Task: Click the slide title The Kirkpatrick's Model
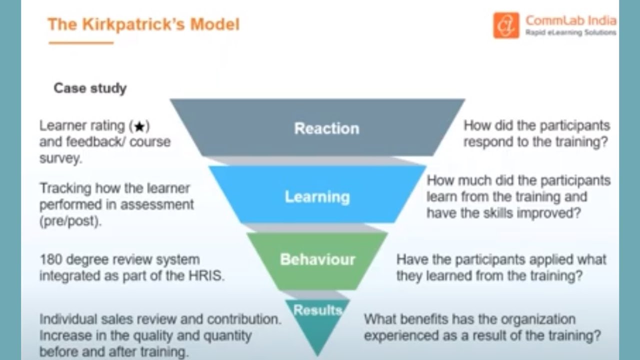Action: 143,24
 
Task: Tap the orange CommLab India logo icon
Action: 506,25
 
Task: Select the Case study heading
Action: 90,88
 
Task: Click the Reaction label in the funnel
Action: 326,128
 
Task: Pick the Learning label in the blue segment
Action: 317,196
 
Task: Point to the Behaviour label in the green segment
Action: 317,259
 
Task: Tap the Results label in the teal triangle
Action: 317,310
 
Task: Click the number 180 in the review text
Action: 50,260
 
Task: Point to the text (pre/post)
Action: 70,221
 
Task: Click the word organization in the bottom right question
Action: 534,319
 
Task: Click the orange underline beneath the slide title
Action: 81,43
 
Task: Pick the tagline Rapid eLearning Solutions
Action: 570,33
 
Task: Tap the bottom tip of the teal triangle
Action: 317,354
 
